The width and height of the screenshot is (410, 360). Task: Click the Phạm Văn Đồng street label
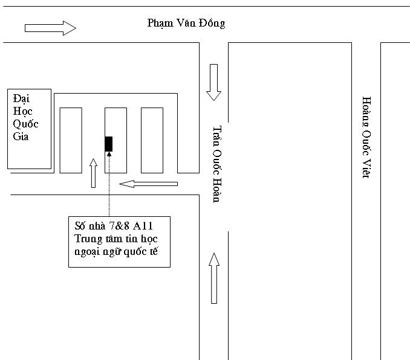pyautogui.click(x=186, y=23)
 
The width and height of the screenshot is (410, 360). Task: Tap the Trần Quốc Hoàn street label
pyautogui.click(x=217, y=164)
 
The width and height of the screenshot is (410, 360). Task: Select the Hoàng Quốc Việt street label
pyautogui.click(x=366, y=138)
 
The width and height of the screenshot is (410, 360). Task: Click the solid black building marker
pyautogui.click(x=109, y=144)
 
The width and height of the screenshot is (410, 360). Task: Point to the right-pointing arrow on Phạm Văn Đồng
pyautogui.click(x=50, y=28)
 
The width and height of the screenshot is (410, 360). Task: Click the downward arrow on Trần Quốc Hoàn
pyautogui.click(x=214, y=82)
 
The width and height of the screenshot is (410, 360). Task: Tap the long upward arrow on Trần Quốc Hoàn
pyautogui.click(x=214, y=278)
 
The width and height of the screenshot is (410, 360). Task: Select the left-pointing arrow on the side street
pyautogui.click(x=149, y=184)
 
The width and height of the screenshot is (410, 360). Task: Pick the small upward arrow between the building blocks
pyautogui.click(x=93, y=173)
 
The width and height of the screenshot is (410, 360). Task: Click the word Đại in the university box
pyautogui.click(x=21, y=98)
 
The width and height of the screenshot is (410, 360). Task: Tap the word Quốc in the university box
pyautogui.click(x=25, y=124)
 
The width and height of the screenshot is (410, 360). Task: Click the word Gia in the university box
pyautogui.click(x=21, y=137)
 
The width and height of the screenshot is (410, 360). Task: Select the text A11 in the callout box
pyautogui.click(x=143, y=226)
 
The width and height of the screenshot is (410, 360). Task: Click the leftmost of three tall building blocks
pyautogui.click(x=71, y=140)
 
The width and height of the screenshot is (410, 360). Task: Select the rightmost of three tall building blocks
pyautogui.click(x=152, y=140)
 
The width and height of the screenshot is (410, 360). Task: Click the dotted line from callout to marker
pyautogui.click(x=109, y=184)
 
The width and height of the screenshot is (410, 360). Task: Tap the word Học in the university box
pyautogui.click(x=23, y=112)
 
